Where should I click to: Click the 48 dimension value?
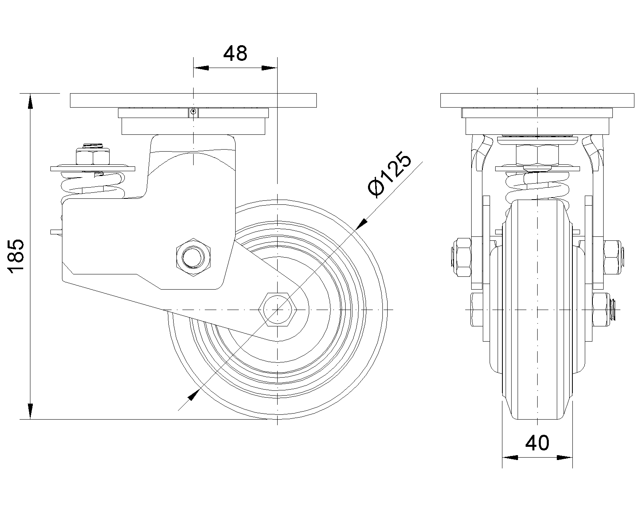click(235, 54)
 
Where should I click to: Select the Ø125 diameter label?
click(390, 174)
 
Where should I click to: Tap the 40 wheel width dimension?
click(537, 443)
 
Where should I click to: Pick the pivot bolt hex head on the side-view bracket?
click(193, 258)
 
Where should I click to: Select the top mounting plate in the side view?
click(193, 100)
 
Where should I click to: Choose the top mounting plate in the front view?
click(537, 100)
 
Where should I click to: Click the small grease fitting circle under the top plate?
click(193, 112)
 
